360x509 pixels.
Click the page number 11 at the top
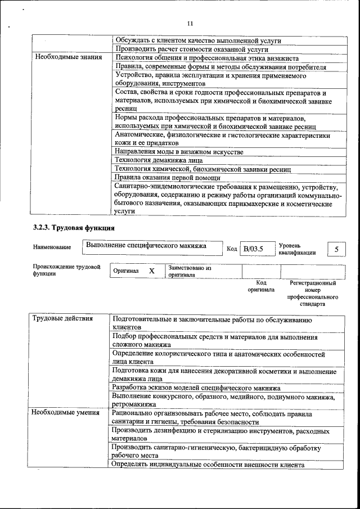[190, 24]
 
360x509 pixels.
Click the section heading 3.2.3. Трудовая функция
[74, 228]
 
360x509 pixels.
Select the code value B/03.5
[253, 248]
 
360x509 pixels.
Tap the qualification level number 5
[336, 248]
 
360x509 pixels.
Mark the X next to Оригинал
[151, 271]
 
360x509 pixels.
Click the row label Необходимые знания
[68, 57]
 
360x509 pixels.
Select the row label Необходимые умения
[66, 412]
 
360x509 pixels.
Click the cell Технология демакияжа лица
[160, 160]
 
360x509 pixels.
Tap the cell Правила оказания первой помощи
[168, 177]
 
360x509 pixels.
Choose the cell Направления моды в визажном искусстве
[179, 152]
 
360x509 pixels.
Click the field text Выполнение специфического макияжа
[146, 246]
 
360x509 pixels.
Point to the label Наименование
[52, 247]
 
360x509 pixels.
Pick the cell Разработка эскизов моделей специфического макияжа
[196, 389]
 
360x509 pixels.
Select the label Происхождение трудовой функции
[66, 270]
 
